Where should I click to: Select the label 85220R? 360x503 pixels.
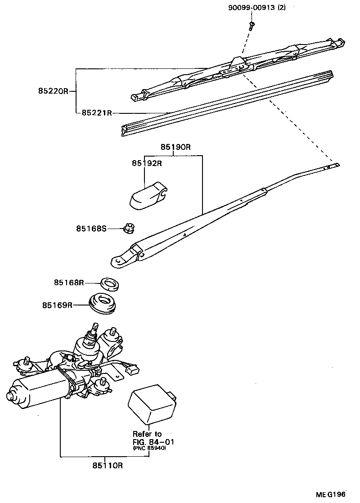(53, 90)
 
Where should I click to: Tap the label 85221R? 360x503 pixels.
(97, 113)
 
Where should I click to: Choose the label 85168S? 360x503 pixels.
(91, 229)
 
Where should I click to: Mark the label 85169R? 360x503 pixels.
(58, 305)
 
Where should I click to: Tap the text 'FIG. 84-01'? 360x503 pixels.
(153, 442)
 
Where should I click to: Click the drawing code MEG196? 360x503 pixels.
(330, 494)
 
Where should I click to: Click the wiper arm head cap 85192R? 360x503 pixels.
(147, 196)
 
